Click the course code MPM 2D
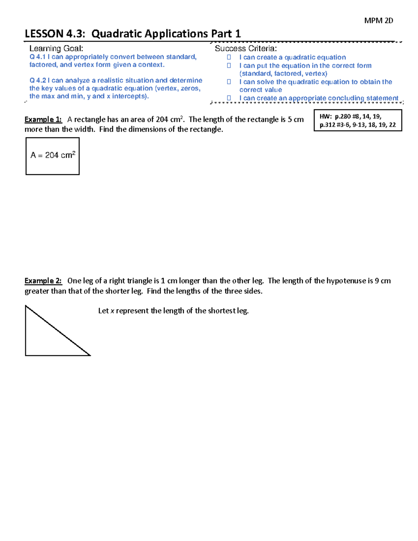coord(378,21)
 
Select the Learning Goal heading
coord(56,48)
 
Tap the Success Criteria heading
coord(246,48)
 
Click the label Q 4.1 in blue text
coord(38,57)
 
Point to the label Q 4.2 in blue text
coord(38,80)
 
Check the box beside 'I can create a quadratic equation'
coord(229,57)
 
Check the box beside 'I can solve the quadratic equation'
coord(229,82)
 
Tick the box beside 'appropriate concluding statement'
coord(229,98)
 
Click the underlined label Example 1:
coord(43,119)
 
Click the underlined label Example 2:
coord(43,281)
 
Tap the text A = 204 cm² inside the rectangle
coord(53,155)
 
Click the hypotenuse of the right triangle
coord(58,331)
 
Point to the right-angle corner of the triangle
coord(26,355)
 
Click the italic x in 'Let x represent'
coord(112,311)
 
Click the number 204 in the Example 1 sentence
coord(162,119)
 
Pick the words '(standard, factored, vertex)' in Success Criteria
coord(283,74)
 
